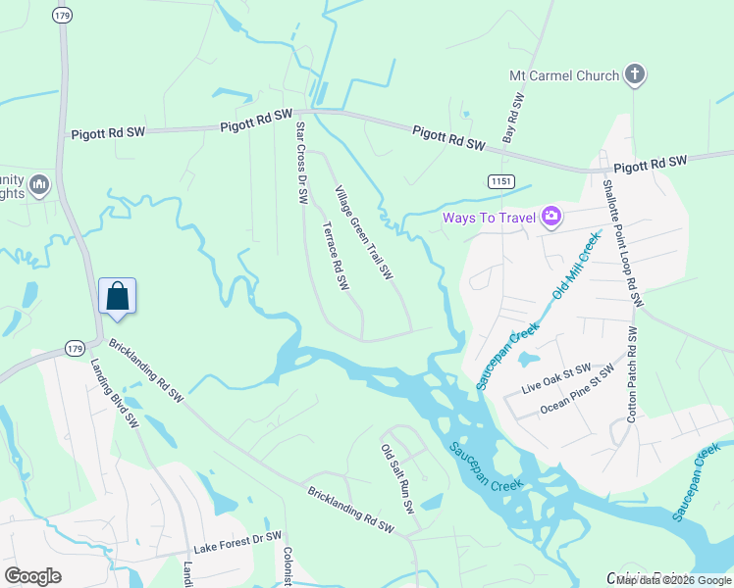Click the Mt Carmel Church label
click(564, 75)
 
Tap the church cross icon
click(636, 74)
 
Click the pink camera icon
click(550, 216)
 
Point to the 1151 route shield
click(501, 180)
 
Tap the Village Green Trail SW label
click(364, 231)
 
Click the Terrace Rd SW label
click(336, 255)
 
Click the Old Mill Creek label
click(576, 266)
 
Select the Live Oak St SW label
click(556, 378)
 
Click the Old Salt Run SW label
click(398, 479)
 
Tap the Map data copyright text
click(674, 580)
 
